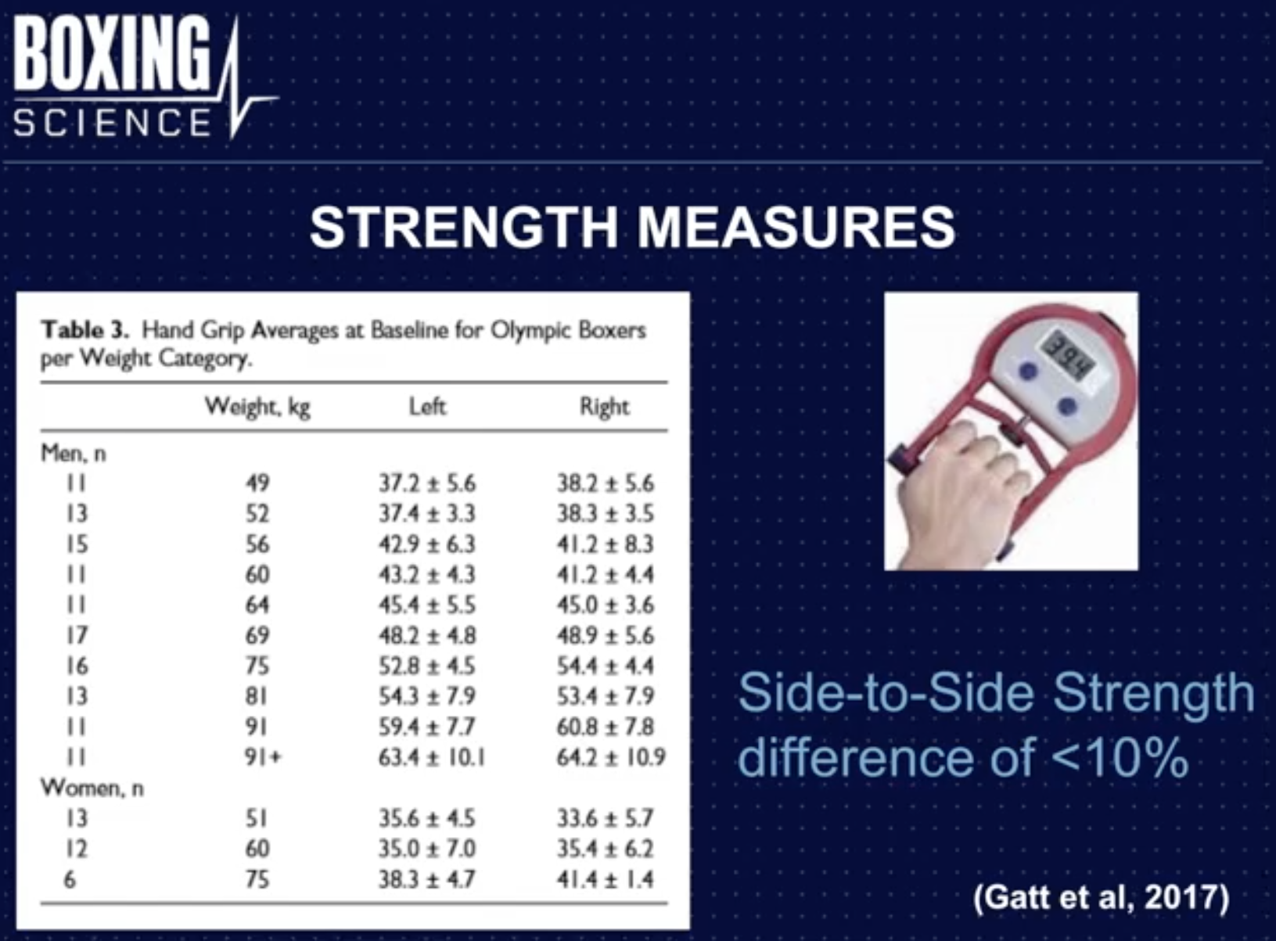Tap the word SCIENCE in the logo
point(112,123)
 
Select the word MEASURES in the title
point(796,228)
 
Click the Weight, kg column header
point(257,407)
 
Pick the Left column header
point(427,407)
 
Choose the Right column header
point(604,407)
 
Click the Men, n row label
point(74,454)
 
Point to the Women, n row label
point(92,788)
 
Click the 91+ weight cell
point(262,757)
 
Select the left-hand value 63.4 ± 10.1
point(431,757)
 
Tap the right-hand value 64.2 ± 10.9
point(611,757)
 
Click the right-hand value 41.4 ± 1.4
point(605,879)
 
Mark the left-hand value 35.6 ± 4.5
point(426,818)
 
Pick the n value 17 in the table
point(77,635)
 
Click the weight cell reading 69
point(257,635)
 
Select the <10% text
point(1120,757)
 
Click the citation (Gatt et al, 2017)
point(1102,896)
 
